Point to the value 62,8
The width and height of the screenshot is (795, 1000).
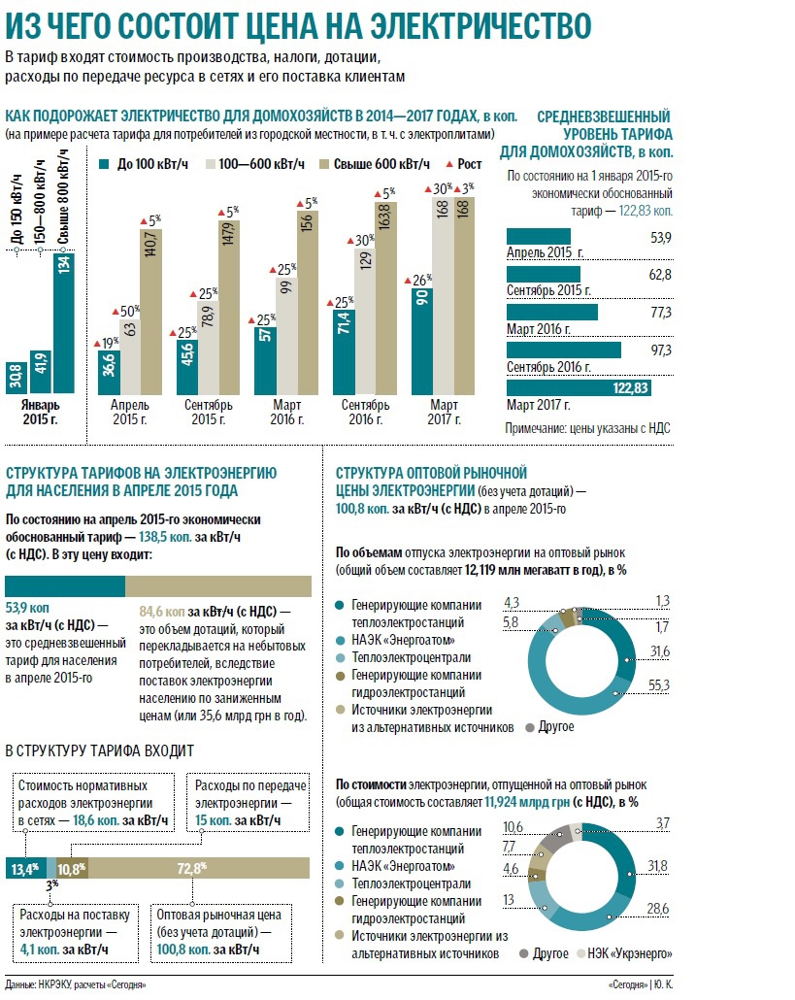659,275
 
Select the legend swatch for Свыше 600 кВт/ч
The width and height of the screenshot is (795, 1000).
324,164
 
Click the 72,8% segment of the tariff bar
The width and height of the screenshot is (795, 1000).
199,868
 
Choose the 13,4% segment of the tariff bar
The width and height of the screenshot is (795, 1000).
25,868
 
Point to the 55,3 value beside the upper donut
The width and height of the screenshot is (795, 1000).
659,685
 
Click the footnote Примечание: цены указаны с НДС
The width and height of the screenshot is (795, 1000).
587,427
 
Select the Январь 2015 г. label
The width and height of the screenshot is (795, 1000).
42,412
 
